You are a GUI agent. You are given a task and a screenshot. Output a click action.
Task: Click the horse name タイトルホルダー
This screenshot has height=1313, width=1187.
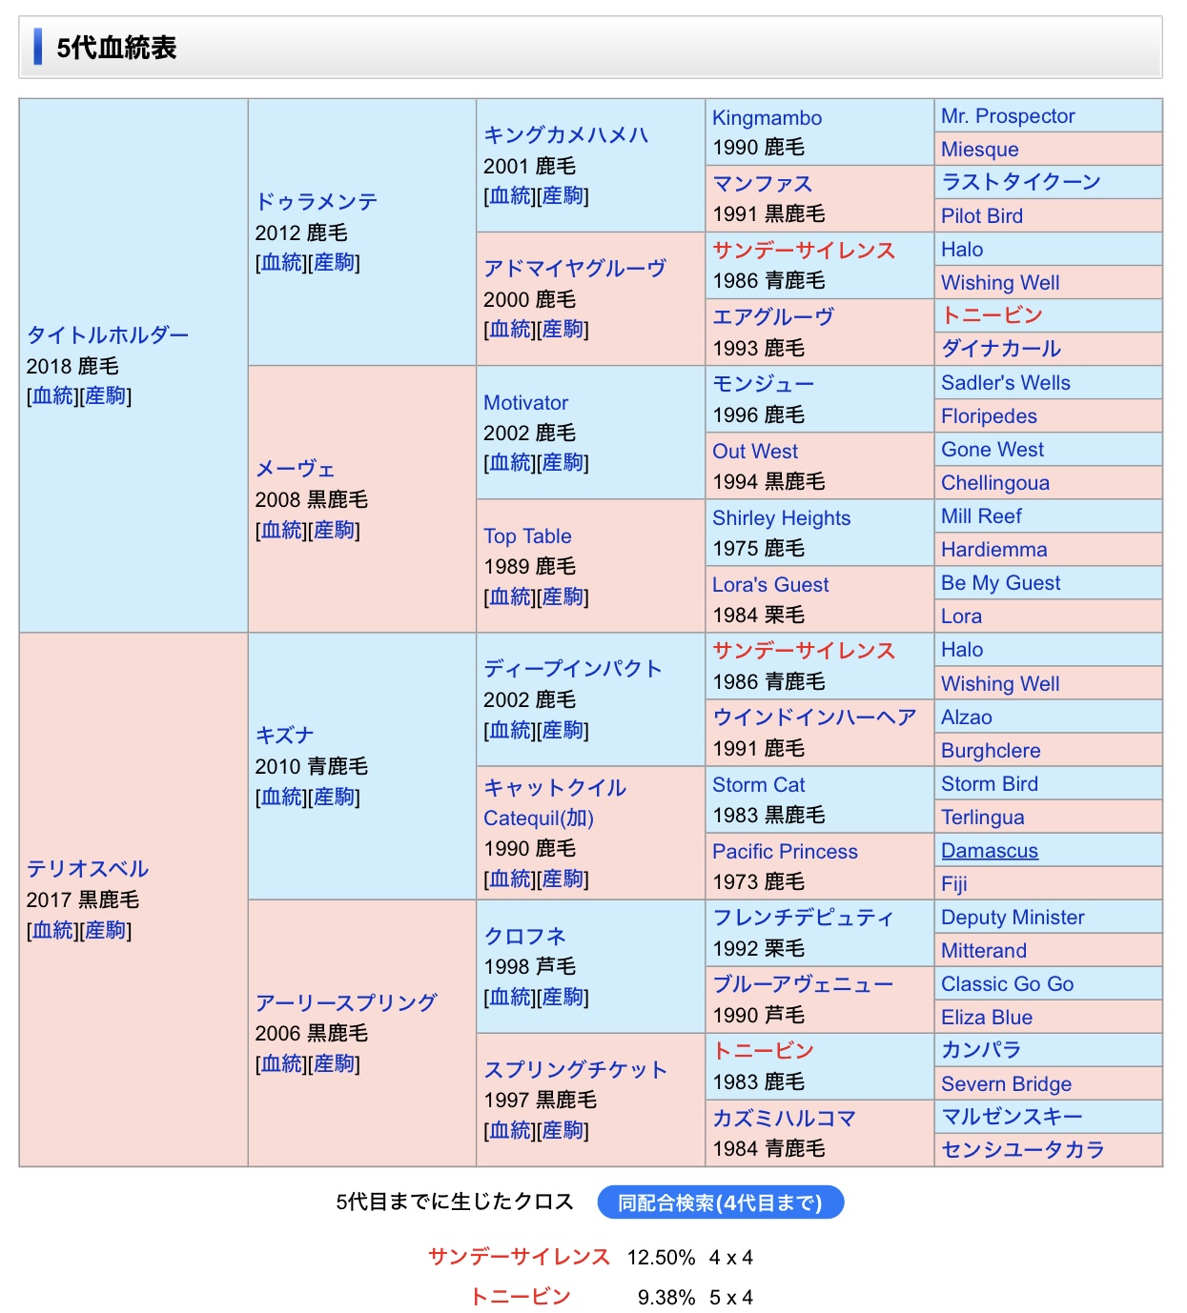(x=108, y=335)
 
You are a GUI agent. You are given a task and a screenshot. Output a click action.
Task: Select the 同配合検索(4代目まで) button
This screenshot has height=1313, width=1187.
(x=720, y=1202)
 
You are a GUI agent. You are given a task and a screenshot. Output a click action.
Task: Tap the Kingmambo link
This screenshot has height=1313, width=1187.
(x=767, y=118)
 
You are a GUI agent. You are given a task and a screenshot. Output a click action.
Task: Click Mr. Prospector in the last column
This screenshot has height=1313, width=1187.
(x=1007, y=116)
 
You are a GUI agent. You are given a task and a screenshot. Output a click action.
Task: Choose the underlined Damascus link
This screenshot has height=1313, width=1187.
(x=989, y=851)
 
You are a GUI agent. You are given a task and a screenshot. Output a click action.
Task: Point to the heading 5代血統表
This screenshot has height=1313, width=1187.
(x=116, y=48)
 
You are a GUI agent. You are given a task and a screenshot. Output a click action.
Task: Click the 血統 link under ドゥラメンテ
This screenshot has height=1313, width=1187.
(x=282, y=263)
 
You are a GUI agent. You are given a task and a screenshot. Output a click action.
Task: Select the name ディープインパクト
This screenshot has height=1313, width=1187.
(x=572, y=669)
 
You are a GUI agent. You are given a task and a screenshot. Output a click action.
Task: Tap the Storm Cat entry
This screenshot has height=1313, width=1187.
(x=758, y=785)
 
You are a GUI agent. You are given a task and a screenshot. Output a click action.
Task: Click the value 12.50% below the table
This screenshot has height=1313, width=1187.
(x=661, y=1258)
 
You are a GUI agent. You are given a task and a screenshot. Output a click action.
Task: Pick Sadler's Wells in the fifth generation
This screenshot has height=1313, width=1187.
(x=1005, y=383)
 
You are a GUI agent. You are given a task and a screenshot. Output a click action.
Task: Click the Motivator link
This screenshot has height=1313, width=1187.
(x=525, y=403)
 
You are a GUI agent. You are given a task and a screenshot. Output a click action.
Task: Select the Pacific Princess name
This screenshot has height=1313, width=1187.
(x=785, y=852)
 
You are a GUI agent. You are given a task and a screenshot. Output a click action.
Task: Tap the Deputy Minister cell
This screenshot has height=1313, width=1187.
(x=1013, y=918)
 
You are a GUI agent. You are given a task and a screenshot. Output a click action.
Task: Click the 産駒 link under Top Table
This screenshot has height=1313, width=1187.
(x=563, y=597)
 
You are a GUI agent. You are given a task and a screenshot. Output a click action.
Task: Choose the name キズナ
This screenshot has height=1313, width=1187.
(x=284, y=736)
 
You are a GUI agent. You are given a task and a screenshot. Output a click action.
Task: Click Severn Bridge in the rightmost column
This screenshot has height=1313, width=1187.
(x=1006, y=1084)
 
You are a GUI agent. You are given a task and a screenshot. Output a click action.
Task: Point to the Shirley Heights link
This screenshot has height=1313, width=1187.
(x=781, y=518)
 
